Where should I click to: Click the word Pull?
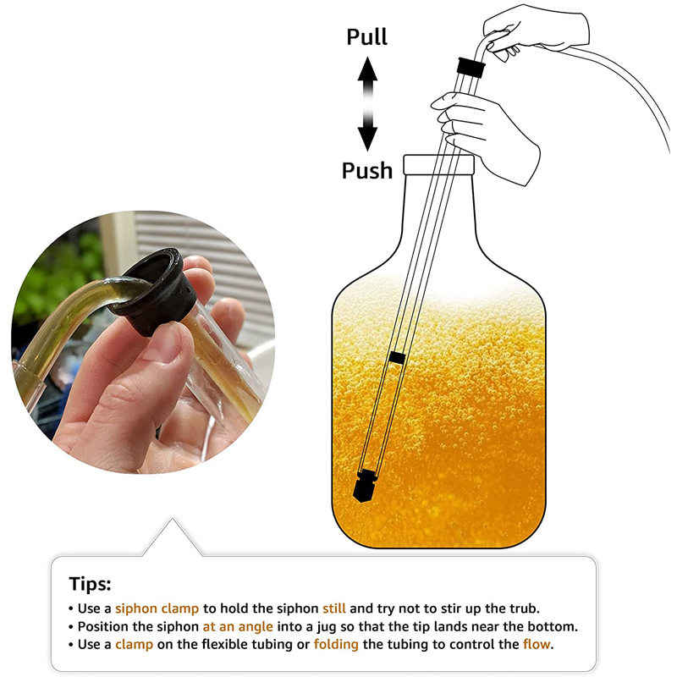(x=367, y=36)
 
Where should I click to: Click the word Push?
(x=367, y=171)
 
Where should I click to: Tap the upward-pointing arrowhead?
(x=367, y=69)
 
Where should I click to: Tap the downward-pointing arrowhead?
(x=367, y=139)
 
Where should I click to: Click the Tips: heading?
(x=91, y=584)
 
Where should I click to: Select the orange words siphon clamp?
(x=157, y=608)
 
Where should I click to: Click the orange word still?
(x=334, y=608)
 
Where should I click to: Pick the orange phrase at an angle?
(x=238, y=626)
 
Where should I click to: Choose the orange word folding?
(x=336, y=645)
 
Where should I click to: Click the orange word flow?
(x=537, y=644)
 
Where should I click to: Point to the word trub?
(x=525, y=608)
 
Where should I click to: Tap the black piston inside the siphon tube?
(x=397, y=357)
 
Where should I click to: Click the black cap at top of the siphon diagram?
(x=471, y=67)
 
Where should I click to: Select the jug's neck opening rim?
(x=438, y=164)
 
